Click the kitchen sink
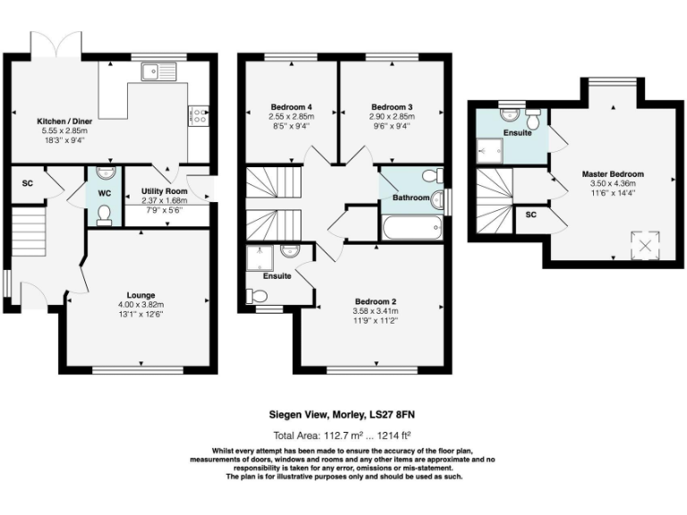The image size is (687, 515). [x=158, y=72]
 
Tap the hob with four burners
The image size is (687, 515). [x=199, y=115]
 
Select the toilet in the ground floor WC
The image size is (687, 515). [x=105, y=215]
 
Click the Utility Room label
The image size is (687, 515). [x=165, y=191]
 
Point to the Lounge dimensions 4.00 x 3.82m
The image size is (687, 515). [x=141, y=305]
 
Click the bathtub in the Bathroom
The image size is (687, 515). [x=411, y=227]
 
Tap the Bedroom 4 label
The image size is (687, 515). [x=292, y=107]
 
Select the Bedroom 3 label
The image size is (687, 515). [x=392, y=107]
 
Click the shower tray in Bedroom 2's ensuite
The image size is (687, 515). [x=259, y=257]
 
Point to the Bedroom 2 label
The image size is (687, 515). [x=376, y=301]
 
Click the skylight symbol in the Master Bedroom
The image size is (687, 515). [x=645, y=245]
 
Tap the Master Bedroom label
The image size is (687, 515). [x=613, y=173]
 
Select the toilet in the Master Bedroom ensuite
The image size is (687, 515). [x=534, y=118]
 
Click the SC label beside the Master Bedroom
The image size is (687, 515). [x=531, y=215]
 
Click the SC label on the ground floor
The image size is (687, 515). [x=27, y=183]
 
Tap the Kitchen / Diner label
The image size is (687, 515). [x=64, y=122]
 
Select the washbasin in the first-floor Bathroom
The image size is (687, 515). [x=437, y=200]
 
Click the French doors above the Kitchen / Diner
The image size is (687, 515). [x=56, y=44]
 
